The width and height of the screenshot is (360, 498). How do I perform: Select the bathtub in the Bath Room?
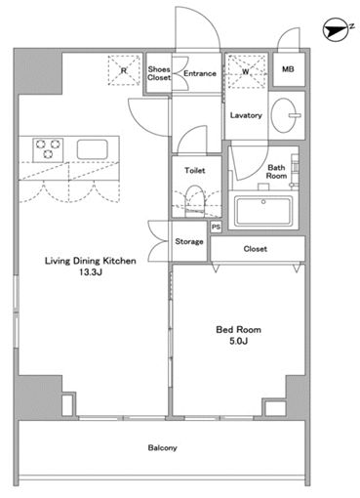[263, 211]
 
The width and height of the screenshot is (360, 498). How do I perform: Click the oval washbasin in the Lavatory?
[284, 115]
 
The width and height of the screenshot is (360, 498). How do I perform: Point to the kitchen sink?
[92, 149]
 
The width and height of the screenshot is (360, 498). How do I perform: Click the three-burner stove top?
[48, 149]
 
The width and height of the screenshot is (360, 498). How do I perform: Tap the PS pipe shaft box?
[216, 227]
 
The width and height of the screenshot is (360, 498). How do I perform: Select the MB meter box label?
[288, 69]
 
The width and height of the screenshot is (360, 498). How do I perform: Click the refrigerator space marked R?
[124, 70]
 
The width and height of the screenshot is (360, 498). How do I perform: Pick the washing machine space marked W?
[246, 71]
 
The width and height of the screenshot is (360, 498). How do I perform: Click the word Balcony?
[162, 448]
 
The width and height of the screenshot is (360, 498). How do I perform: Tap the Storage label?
[189, 241]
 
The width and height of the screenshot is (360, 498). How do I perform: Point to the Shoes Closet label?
[159, 73]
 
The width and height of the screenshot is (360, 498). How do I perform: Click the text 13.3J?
[91, 272]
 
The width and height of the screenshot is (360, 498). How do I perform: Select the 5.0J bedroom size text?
[239, 341]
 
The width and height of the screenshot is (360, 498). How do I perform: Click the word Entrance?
[200, 73]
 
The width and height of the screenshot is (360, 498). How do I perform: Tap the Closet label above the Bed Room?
[256, 249]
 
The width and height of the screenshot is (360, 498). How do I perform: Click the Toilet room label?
[195, 170]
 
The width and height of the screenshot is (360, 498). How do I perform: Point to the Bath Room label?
[276, 172]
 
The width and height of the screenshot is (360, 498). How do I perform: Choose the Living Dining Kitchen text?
[91, 261]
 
